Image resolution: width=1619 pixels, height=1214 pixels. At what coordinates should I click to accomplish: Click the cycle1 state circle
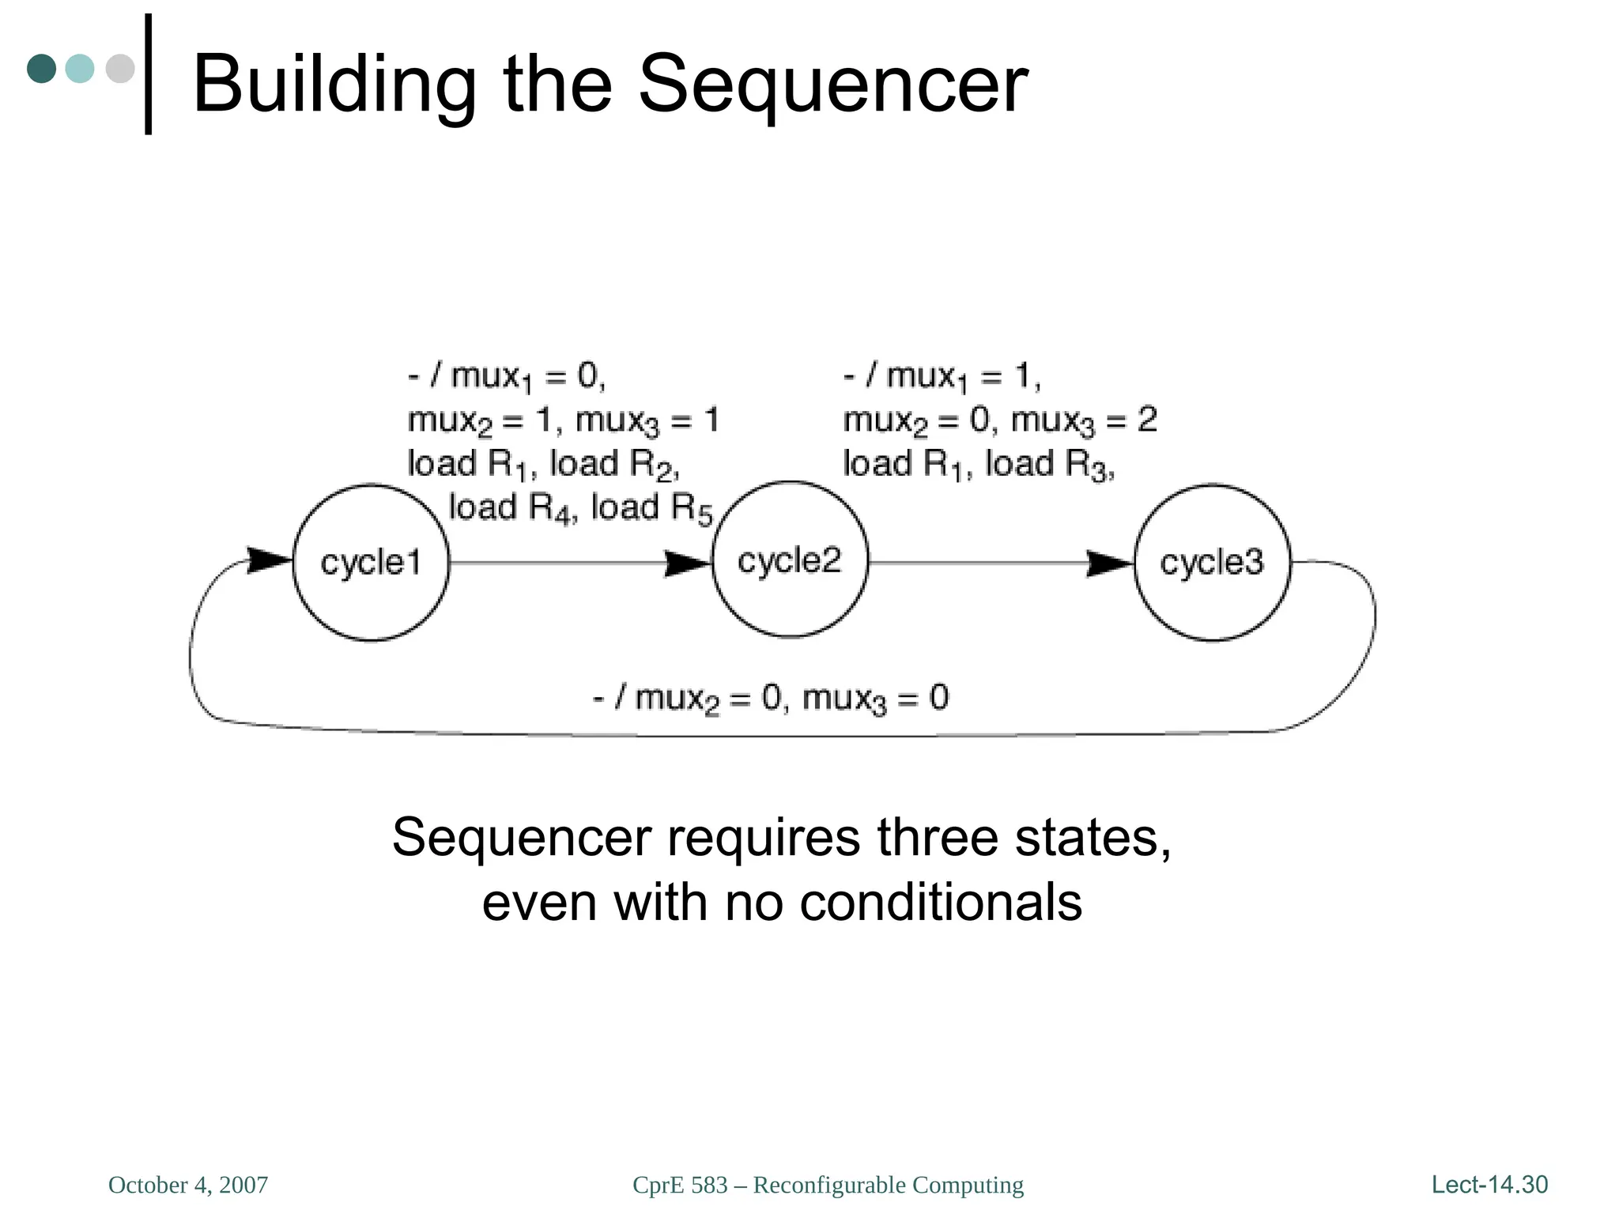tap(371, 562)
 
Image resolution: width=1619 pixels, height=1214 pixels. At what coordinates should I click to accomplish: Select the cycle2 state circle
tap(790, 560)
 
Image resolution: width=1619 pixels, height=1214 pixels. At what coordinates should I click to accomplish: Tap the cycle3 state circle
tap(1212, 562)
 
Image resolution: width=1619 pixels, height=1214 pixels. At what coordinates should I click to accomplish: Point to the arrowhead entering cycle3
tap(1110, 564)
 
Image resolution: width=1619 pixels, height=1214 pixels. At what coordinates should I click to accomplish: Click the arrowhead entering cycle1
tap(270, 560)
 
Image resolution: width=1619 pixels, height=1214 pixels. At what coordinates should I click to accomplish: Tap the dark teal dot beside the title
tap(41, 68)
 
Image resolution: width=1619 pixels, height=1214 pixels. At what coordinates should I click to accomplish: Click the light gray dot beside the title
tap(120, 68)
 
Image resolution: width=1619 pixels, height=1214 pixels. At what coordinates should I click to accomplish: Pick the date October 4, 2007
tap(188, 1185)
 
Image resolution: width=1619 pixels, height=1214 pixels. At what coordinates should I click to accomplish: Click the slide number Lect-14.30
tap(1489, 1184)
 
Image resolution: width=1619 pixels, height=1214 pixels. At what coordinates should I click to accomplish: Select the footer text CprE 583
tap(680, 1185)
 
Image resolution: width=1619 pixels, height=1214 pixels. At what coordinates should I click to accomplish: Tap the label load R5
tap(651, 508)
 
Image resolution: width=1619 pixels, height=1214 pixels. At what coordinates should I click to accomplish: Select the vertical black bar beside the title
tap(148, 74)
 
